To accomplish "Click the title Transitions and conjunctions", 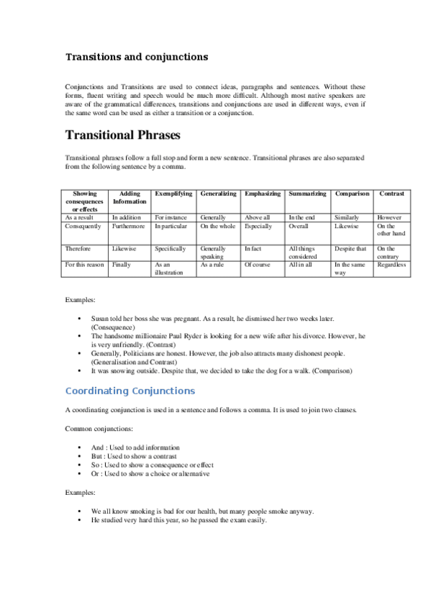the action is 137,56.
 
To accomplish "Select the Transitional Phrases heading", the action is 123,135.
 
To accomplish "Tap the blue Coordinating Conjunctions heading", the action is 130,391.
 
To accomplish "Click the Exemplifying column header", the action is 173,194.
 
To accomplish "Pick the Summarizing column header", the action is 307,194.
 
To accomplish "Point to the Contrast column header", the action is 391,194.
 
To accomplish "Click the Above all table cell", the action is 257,217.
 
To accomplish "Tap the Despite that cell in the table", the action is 350,248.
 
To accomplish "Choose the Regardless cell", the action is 391,265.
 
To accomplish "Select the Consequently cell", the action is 83,226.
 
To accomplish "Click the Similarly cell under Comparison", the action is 347,217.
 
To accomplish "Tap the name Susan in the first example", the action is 100,317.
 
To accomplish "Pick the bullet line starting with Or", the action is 150,474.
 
